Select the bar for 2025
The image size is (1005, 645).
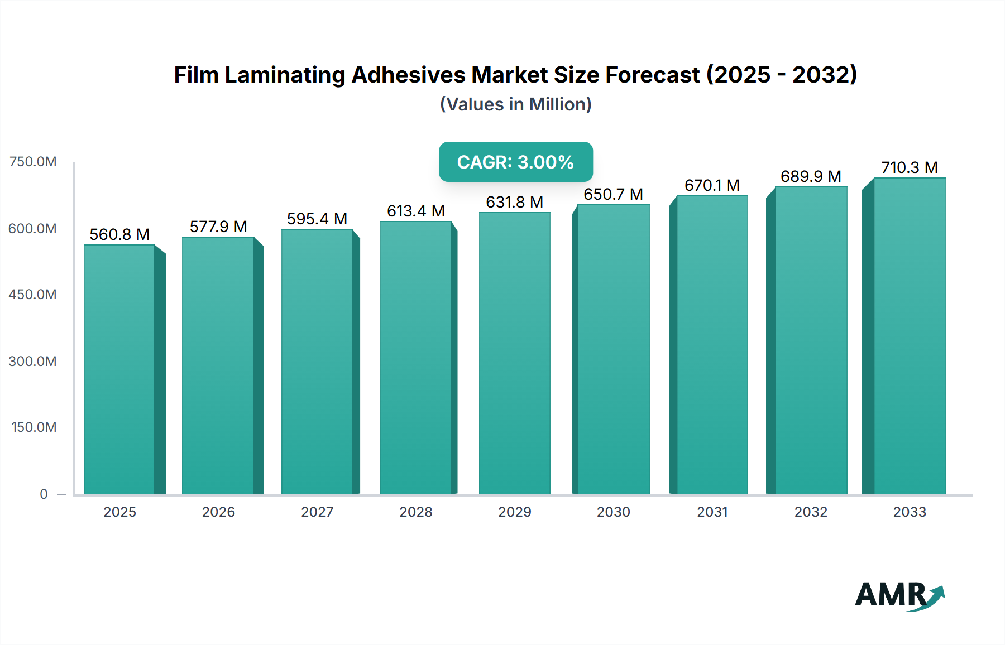119,369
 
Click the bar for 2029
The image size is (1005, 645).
514,353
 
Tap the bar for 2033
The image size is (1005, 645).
909,336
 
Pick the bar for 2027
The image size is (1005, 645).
317,362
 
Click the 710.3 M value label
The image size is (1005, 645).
909,167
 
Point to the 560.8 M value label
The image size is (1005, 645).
119,234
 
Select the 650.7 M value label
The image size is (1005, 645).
613,194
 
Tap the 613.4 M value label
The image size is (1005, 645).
415,211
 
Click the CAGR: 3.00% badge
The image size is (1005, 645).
515,162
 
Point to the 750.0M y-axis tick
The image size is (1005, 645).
33,162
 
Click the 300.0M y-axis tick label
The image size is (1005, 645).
33,361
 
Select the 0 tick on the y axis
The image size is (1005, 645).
44,494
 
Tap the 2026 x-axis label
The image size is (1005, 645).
218,512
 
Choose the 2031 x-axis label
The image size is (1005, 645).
712,512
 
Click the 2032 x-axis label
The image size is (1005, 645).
811,512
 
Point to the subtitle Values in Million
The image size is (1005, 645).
515,104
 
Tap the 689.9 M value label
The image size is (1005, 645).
811,176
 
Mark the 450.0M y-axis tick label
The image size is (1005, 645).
33,294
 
